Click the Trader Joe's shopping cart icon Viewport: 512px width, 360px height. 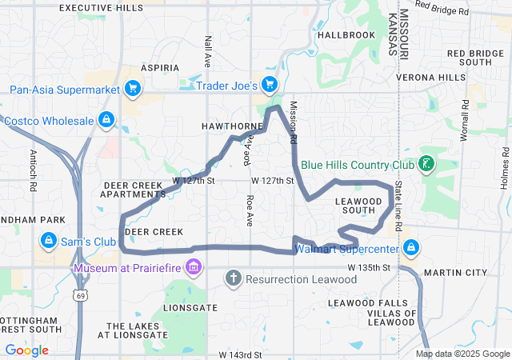click(x=270, y=84)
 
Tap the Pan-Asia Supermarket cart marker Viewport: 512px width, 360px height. click(x=133, y=89)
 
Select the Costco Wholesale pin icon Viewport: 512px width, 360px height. click(x=106, y=120)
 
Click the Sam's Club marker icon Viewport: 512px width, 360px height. click(x=49, y=241)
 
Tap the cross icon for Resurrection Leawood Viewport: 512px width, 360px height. click(x=233, y=278)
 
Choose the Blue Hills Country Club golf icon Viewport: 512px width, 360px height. click(x=426, y=164)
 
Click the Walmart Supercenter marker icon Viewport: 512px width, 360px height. click(x=411, y=246)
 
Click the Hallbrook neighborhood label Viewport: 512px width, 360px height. click(x=346, y=35)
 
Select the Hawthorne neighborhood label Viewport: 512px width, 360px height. click(x=233, y=126)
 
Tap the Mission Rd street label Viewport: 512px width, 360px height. click(x=294, y=122)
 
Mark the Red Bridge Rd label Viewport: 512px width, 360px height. click(x=442, y=10)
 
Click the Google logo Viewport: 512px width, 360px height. click(x=26, y=350)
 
